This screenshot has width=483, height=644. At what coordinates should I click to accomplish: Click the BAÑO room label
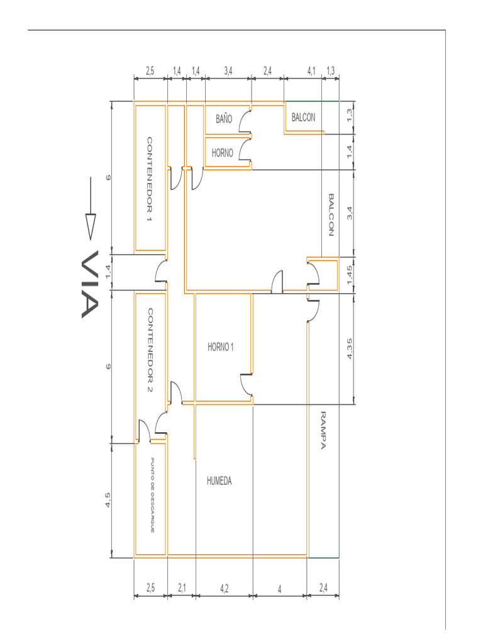pyautogui.click(x=224, y=119)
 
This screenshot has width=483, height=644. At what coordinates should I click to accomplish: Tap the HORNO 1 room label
pyautogui.click(x=221, y=347)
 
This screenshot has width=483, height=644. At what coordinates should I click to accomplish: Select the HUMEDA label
pyautogui.click(x=219, y=480)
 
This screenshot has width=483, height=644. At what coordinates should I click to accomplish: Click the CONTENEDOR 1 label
pyautogui.click(x=150, y=180)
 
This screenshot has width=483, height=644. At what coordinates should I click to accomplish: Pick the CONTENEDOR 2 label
pyautogui.click(x=150, y=350)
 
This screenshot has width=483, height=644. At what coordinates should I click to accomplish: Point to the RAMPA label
pyautogui.click(x=323, y=430)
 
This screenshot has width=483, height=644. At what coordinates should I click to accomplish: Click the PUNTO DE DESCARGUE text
pyautogui.click(x=152, y=496)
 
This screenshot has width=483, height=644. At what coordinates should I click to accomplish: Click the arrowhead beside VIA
pyautogui.click(x=91, y=226)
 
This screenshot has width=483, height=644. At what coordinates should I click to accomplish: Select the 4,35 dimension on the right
pyautogui.click(x=350, y=348)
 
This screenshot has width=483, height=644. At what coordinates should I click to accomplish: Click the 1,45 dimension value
pyautogui.click(x=350, y=275)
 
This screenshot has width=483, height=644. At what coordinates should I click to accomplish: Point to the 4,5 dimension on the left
pyautogui.click(x=108, y=500)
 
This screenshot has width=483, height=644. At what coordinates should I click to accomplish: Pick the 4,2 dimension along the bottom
pyautogui.click(x=224, y=589)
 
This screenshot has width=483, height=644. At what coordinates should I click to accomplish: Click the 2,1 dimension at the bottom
pyautogui.click(x=182, y=588)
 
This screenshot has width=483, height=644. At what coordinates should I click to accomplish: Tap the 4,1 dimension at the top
pyautogui.click(x=311, y=71)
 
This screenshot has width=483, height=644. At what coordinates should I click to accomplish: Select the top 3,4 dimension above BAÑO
pyautogui.click(x=228, y=71)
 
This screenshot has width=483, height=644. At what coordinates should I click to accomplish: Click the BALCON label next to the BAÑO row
pyautogui.click(x=304, y=118)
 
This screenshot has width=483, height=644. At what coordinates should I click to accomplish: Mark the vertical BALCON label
pyautogui.click(x=331, y=215)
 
